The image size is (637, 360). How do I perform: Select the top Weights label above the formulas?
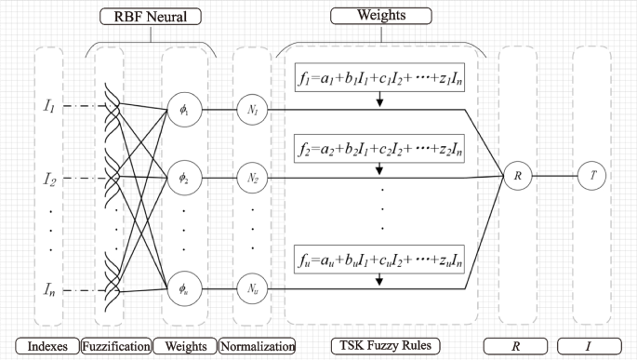380,16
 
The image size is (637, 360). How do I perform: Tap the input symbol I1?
48,109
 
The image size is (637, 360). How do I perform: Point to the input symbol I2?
48,176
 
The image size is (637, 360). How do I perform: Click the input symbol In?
48,290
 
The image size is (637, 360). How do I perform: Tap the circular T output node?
591,175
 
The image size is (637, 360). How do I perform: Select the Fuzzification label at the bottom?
116,346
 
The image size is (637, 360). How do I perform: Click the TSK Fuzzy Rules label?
380,346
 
